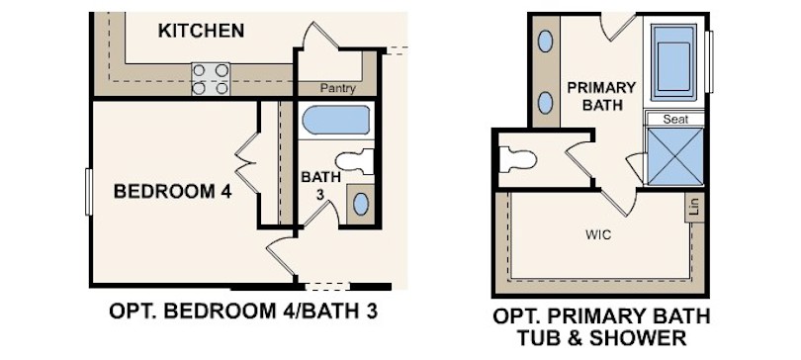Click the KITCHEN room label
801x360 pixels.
tap(201, 31)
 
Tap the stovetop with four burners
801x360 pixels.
tap(211, 79)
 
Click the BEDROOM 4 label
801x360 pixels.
tap(172, 191)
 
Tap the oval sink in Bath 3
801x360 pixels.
tap(361, 205)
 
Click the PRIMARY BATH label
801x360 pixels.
tap(601, 95)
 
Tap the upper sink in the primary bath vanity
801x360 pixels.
tap(546, 43)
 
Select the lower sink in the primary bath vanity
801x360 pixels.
tap(546, 101)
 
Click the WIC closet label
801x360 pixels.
tap(597, 235)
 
